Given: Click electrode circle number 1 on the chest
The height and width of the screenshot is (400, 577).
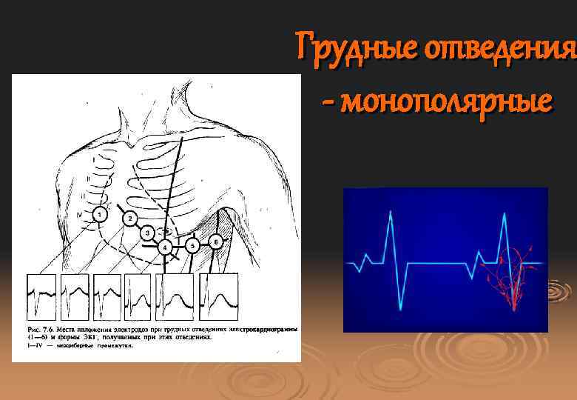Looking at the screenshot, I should (98, 214).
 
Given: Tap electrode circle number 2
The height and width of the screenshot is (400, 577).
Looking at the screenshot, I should (129, 219).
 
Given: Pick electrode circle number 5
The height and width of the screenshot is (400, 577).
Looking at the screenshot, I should (192, 244).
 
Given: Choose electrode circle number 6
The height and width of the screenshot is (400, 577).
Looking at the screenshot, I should (215, 241).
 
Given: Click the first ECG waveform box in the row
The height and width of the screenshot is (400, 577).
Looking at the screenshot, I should (41, 296).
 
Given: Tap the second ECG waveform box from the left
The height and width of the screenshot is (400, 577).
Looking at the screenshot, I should (74, 296).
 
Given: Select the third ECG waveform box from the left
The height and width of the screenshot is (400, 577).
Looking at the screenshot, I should (107, 296).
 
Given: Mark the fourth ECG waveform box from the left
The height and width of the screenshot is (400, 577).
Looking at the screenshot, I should (139, 296).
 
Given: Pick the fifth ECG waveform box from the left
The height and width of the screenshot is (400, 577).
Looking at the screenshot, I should (176, 296).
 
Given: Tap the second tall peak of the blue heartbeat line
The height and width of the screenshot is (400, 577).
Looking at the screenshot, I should (504, 215).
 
